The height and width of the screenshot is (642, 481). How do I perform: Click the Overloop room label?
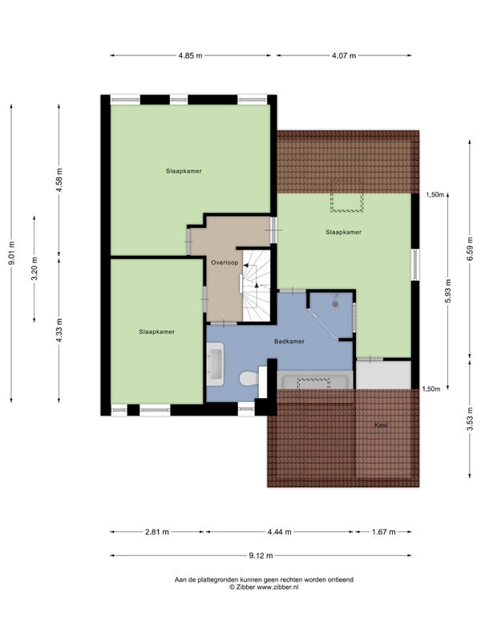point(224,262)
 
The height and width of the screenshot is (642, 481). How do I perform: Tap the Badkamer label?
point(289,340)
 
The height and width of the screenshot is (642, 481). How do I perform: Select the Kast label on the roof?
point(382,425)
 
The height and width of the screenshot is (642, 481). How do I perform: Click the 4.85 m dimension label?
point(190,55)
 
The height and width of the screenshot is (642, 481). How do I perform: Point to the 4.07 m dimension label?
point(344,55)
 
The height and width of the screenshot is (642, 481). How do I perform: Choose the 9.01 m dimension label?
point(11,253)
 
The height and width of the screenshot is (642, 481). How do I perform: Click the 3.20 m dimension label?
point(34,269)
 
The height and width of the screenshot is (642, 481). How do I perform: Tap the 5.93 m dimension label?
point(448,291)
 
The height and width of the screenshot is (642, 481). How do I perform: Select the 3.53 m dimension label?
point(471,423)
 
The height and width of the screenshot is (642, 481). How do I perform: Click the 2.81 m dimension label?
point(157,532)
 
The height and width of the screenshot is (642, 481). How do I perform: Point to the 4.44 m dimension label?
point(279,532)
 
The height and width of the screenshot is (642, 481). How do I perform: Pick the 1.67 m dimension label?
point(384,532)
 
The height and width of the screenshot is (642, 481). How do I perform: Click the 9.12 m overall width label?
point(261,555)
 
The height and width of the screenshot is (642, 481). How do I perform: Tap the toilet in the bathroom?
point(249,377)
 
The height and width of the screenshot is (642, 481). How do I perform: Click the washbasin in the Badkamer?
point(215,364)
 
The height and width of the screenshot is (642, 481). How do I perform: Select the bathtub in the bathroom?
point(315,380)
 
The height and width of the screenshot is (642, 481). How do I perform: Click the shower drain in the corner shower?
point(335,304)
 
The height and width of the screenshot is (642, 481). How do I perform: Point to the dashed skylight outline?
point(347,196)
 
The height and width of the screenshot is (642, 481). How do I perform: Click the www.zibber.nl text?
point(277,587)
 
